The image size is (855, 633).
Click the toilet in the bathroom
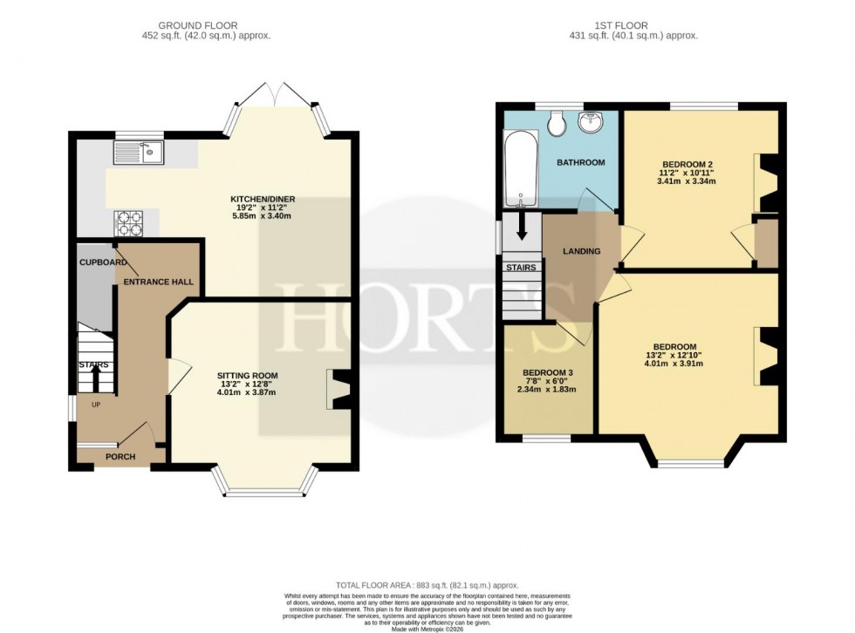(557, 125)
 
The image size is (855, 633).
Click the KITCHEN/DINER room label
(263, 200)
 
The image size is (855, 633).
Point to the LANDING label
(581, 251)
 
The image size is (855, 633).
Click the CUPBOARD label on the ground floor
(99, 262)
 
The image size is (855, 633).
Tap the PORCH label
(120, 456)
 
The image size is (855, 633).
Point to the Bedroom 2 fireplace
(767, 183)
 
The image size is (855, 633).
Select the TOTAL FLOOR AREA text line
(427, 585)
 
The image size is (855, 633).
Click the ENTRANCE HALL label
(158, 282)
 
